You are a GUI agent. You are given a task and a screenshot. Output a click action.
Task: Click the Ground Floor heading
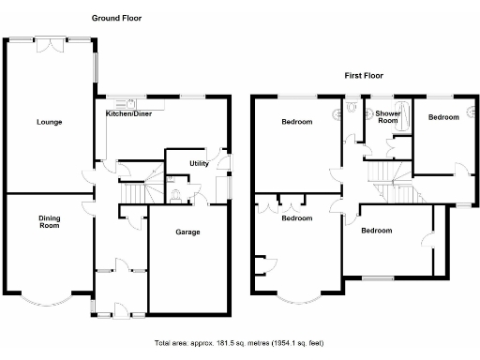coord(117,18)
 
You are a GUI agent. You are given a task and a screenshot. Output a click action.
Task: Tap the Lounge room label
coord(50,123)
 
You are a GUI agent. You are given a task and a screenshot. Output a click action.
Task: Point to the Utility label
coord(199,163)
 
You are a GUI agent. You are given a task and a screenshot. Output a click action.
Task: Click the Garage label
coord(187,237)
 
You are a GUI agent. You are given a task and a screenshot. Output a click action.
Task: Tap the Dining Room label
coord(49,222)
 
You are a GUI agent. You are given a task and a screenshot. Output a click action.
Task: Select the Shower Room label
coord(388,117)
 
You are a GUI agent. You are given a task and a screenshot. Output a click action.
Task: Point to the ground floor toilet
coord(176,195)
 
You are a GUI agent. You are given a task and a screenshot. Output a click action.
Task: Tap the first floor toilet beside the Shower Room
coord(351,108)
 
